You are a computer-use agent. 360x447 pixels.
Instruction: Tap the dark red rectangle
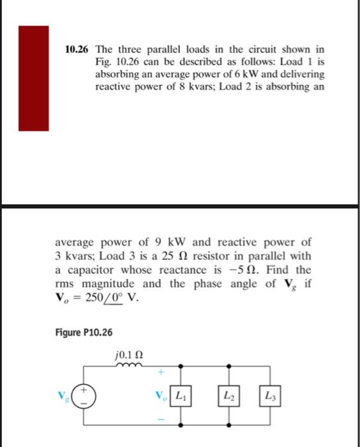33,78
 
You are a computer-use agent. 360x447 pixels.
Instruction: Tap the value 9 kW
169,243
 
